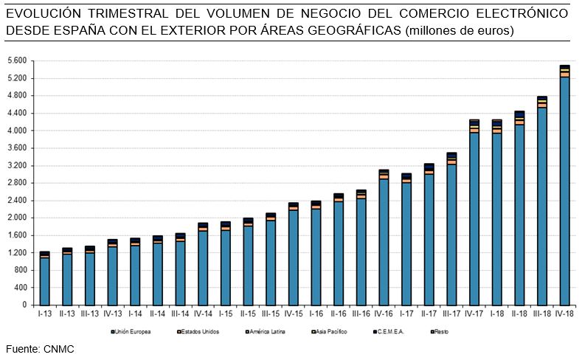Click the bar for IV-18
[564, 184]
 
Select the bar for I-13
[44, 277]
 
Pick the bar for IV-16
[384, 237]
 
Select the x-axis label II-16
[339, 314]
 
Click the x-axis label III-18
[541, 314]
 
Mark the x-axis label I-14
[135, 314]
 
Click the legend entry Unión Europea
[134, 332]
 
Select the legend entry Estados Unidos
[200, 332]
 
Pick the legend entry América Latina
[266, 332]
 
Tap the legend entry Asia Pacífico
[331, 332]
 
